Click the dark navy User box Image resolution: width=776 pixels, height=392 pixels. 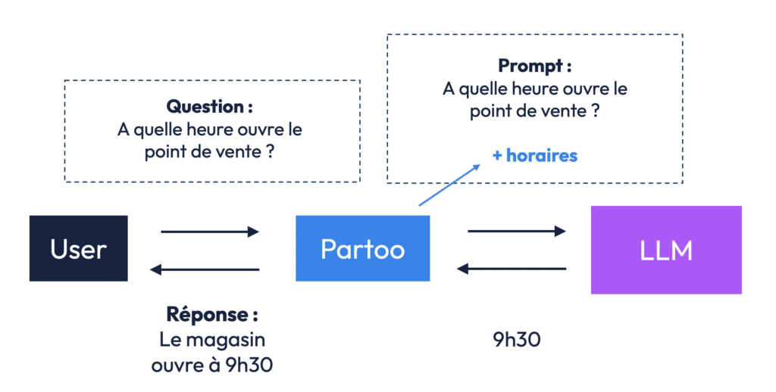(79, 248)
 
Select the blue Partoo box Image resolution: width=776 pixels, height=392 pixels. (363, 248)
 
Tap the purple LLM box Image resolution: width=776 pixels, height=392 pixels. (666, 250)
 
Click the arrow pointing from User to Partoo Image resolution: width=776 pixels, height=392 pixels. (210, 232)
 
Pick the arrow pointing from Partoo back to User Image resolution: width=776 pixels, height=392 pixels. (205, 269)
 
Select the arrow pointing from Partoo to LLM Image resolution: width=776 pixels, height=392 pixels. (517, 231)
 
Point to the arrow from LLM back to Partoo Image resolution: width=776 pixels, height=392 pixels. (512, 269)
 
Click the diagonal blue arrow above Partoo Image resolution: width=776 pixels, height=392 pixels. (449, 185)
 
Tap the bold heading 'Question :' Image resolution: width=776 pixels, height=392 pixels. (209, 106)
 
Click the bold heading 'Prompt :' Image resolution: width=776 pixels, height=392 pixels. (534, 65)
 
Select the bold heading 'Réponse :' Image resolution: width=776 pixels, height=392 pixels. (212, 314)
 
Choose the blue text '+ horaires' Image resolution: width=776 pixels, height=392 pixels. (535, 155)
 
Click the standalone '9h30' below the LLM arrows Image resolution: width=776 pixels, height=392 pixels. (517, 340)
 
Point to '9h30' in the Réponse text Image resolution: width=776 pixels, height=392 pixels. (249, 365)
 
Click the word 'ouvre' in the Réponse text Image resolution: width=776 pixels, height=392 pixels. (174, 366)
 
